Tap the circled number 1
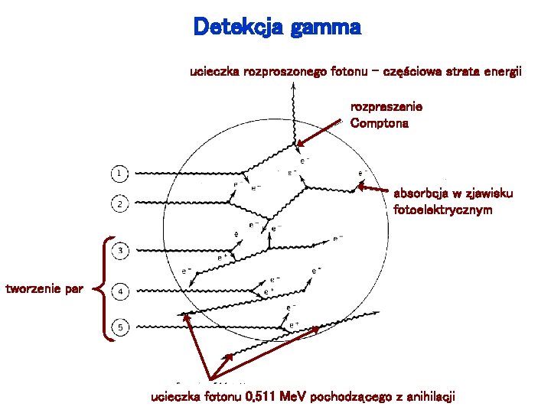click(119, 174)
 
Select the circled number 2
click(120, 204)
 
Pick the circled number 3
click(121, 250)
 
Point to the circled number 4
click(121, 291)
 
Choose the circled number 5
click(121, 327)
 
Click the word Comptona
click(379, 123)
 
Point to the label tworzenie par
click(44, 289)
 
